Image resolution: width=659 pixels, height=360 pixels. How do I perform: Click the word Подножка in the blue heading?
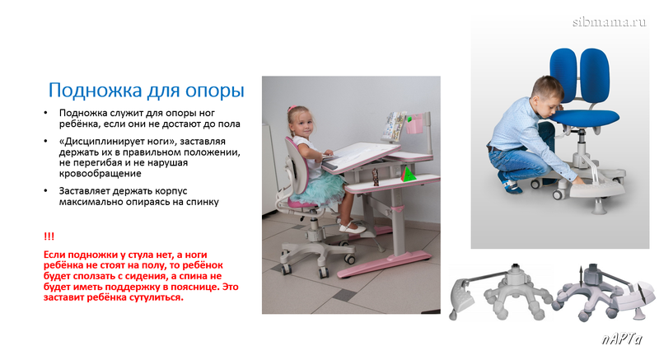95,91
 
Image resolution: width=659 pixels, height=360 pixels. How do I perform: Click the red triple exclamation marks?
49,236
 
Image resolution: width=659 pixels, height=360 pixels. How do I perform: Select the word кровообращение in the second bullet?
100,174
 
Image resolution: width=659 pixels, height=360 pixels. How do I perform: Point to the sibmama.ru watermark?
609,22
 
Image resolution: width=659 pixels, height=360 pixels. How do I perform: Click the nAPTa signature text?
622,339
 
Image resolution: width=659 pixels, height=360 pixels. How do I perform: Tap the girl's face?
303,124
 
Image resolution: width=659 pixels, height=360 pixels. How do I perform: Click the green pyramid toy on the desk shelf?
408,174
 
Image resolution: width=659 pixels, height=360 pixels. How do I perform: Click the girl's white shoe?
353,227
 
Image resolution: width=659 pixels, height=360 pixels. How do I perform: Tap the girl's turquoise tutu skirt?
318,189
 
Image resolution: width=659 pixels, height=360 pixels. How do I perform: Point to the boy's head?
547,94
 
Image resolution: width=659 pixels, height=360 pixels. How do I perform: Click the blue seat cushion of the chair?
584,117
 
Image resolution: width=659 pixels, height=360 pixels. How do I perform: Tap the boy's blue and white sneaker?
511,185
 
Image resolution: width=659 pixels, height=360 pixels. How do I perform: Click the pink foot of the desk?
384,264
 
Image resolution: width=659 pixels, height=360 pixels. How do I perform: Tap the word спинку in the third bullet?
203,202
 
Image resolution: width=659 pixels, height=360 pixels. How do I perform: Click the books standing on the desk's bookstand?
394,125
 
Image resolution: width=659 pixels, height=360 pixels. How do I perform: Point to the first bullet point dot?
45,113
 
